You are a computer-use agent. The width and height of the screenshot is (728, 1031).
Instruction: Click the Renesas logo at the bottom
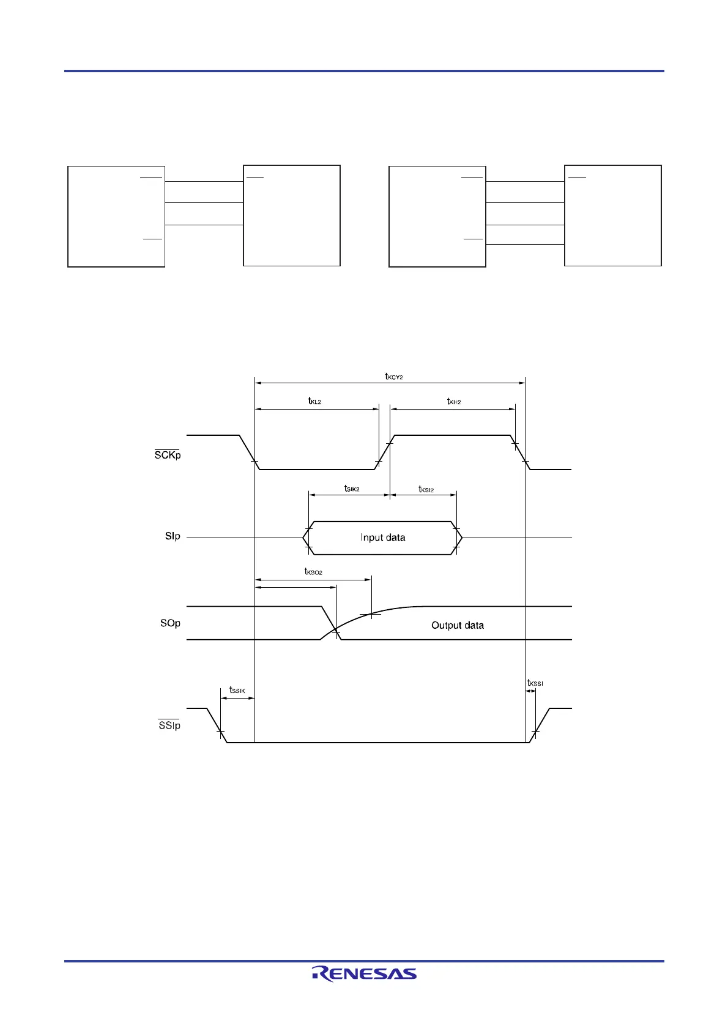(x=364, y=973)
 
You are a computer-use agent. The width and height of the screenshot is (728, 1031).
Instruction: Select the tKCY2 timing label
(x=394, y=377)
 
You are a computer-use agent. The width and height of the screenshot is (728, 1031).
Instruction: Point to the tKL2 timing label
(x=314, y=402)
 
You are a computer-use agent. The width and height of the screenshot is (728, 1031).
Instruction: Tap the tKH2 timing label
(x=453, y=402)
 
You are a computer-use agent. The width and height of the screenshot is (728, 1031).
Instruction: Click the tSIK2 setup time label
(x=352, y=489)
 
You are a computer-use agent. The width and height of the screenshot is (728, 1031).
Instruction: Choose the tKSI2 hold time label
(x=426, y=489)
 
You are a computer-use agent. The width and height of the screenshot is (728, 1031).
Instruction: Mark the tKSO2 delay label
(x=313, y=572)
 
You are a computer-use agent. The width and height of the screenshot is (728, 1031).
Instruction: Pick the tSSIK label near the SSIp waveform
(x=237, y=690)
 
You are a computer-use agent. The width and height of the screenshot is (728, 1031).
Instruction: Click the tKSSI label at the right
(x=535, y=683)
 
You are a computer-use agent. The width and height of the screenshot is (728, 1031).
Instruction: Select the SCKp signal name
(x=168, y=455)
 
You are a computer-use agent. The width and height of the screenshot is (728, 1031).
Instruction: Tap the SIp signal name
(x=173, y=536)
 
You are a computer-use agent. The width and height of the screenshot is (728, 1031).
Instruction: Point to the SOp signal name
(x=170, y=623)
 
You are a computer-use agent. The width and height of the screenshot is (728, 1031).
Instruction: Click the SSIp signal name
(x=169, y=725)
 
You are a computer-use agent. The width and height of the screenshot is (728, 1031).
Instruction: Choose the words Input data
(x=383, y=538)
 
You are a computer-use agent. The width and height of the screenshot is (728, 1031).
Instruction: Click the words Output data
(x=458, y=625)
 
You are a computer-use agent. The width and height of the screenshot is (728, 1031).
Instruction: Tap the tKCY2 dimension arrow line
(x=390, y=383)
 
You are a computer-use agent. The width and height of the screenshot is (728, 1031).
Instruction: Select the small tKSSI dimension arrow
(x=530, y=691)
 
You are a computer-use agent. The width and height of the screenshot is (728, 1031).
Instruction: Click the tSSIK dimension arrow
(x=237, y=699)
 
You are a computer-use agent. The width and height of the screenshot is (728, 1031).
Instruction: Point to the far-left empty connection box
(x=116, y=216)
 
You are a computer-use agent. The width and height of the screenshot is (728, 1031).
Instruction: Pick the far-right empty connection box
(x=613, y=216)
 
